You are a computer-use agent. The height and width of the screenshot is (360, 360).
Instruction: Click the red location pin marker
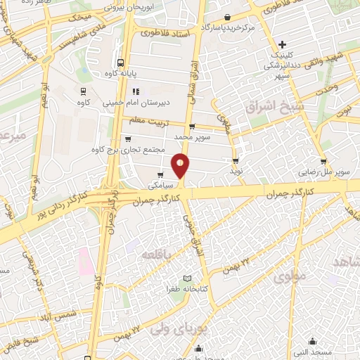coord(181,165)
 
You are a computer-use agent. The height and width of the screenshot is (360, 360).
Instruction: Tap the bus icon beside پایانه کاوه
coord(121,62)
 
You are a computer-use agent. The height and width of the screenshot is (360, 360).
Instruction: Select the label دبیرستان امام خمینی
coord(136,103)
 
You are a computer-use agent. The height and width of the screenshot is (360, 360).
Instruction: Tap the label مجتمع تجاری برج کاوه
coord(128,149)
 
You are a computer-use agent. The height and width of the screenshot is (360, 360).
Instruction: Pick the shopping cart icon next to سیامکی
coord(162,174)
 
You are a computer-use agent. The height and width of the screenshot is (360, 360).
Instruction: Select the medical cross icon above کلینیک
coord(282,44)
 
